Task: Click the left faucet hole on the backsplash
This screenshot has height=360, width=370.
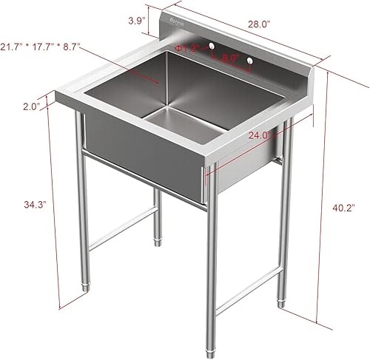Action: (212, 47)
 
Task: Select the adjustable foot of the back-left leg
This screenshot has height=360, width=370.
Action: (156, 239)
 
